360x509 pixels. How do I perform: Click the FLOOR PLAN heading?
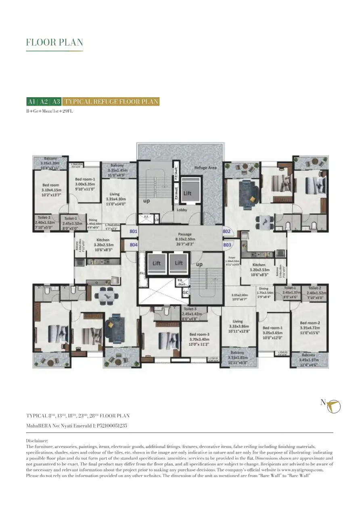[54, 42]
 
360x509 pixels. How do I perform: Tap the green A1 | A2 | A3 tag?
[44, 102]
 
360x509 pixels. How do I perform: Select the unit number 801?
[134, 232]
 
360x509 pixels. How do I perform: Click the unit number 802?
[226, 232]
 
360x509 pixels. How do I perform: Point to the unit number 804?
[134, 244]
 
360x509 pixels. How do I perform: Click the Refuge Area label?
[206, 167]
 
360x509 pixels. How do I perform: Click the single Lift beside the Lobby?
[187, 193]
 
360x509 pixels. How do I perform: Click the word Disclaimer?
[37, 441]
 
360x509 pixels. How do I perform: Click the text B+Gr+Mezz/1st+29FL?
[49, 111]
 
